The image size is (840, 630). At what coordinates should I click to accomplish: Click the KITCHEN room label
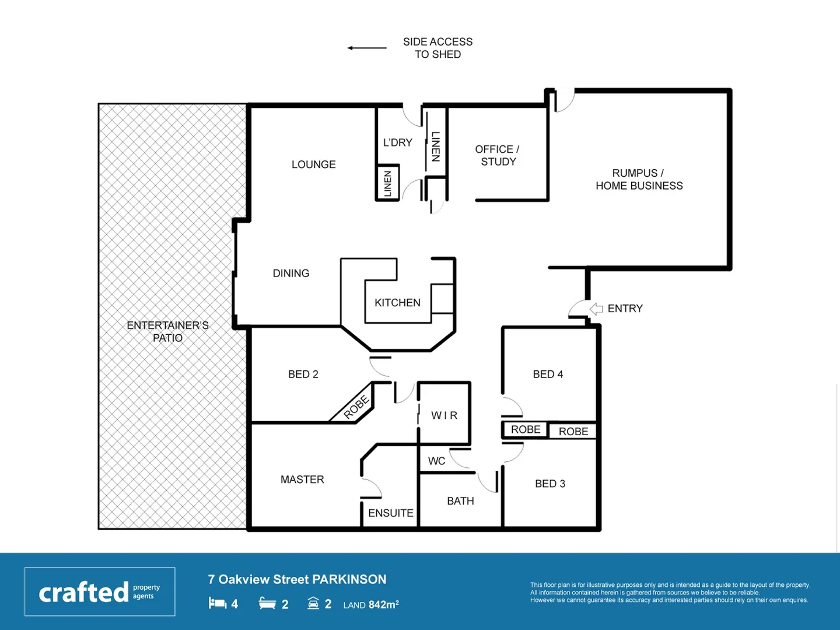[397, 303]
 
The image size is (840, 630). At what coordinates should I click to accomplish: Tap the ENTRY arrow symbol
[596, 309]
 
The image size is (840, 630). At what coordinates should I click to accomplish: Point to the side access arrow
[367, 48]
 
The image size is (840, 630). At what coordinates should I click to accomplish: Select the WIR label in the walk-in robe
[444, 415]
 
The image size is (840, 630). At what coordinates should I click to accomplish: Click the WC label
[436, 461]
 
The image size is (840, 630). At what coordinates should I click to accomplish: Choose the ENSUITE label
[390, 513]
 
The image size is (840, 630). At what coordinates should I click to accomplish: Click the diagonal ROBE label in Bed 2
[356, 407]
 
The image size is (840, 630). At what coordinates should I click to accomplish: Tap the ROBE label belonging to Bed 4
[526, 429]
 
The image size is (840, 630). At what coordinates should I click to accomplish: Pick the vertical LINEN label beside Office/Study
[435, 146]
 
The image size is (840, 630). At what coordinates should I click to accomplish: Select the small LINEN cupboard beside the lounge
[387, 183]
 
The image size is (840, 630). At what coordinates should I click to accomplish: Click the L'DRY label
[397, 142]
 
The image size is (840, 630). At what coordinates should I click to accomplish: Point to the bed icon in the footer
[218, 603]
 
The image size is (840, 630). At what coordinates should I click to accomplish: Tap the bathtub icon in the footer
[267, 603]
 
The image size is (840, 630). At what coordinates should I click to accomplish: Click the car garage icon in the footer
[313, 603]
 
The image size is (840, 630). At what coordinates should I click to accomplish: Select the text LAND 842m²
[371, 605]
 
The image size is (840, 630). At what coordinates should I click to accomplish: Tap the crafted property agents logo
[100, 591]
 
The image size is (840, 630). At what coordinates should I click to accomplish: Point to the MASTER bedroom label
[302, 480]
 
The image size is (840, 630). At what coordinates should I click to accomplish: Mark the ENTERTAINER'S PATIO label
[167, 331]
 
